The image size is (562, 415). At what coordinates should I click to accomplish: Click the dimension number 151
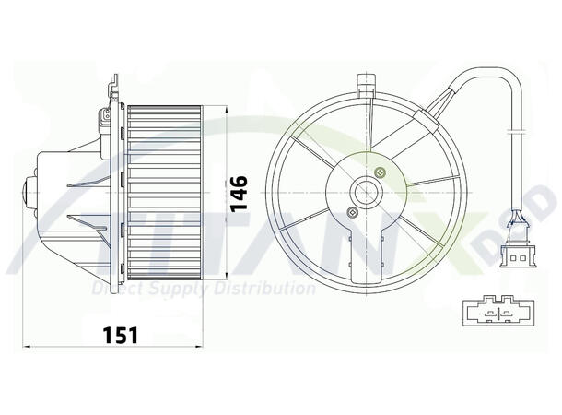pyautogui.click(x=120, y=335)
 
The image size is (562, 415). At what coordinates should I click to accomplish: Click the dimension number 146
pyautogui.click(x=239, y=192)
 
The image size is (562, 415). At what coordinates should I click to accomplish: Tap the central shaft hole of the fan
pyautogui.click(x=369, y=194)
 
